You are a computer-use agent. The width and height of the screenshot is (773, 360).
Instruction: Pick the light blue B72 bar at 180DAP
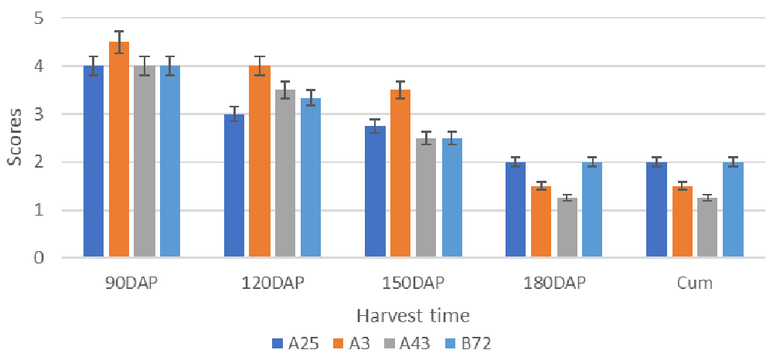[x=592, y=209]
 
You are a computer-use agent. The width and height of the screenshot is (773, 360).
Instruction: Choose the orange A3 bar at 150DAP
[x=400, y=174]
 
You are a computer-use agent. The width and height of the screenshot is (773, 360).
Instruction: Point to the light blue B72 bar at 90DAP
[x=170, y=161]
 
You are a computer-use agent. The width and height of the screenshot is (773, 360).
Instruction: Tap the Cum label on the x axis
[x=694, y=283]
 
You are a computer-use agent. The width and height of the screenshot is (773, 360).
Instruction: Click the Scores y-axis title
[x=15, y=138]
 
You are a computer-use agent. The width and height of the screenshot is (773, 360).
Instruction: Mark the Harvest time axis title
[x=413, y=315]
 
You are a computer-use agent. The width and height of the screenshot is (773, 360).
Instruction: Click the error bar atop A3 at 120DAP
[x=260, y=66]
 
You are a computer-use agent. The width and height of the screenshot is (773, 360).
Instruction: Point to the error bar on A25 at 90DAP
[x=94, y=66]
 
